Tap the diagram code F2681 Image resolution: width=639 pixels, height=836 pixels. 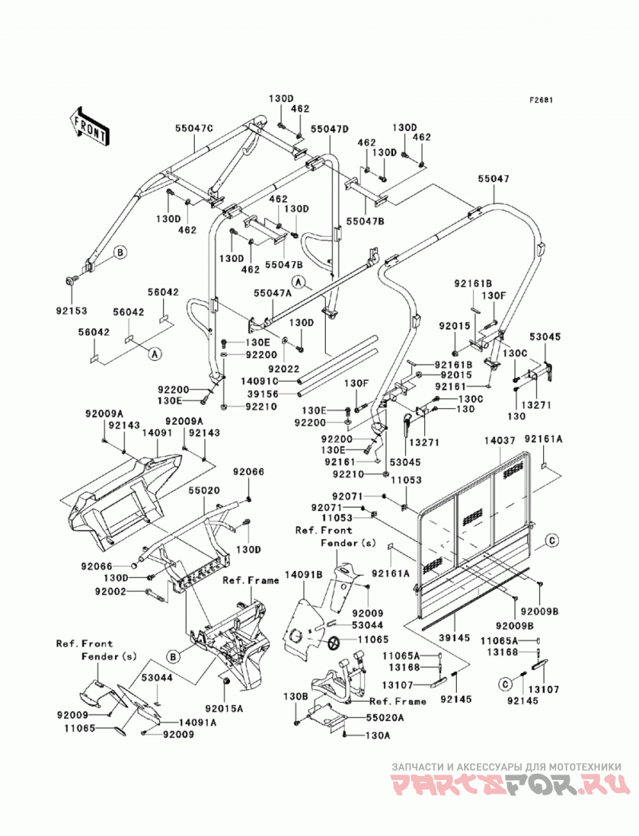[541, 100]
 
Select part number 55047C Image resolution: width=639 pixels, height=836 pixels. [193, 128]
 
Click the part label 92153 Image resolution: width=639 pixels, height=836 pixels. [70, 311]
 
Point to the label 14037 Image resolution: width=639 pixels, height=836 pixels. [499, 441]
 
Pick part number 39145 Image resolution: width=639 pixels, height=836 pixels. [454, 638]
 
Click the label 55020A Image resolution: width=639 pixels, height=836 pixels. [385, 718]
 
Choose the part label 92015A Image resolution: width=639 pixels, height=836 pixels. [224, 708]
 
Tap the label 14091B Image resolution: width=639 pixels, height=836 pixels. [304, 575]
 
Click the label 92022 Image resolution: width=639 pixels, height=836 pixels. [284, 368]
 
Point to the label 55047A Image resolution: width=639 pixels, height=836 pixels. [272, 293]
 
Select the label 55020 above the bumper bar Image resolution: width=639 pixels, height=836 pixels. [203, 490]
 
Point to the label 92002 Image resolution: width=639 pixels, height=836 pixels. [110, 592]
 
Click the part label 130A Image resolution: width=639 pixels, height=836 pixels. [377, 735]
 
